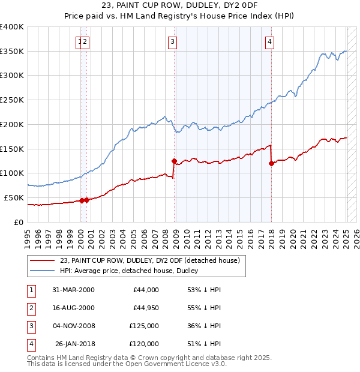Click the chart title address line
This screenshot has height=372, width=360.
click(x=179, y=6)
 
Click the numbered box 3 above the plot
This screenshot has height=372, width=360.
click(x=172, y=41)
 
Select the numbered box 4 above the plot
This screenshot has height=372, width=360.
click(x=270, y=41)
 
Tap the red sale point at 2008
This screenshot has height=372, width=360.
click(x=174, y=161)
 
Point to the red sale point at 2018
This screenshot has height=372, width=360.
click(x=271, y=163)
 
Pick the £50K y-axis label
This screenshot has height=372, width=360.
click(x=14, y=197)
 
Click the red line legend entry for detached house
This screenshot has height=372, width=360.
click(x=150, y=260)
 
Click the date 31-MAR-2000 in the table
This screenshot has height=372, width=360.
click(x=73, y=290)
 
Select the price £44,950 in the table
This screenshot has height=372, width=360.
click(x=145, y=308)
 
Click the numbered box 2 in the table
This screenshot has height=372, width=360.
click(x=30, y=308)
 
